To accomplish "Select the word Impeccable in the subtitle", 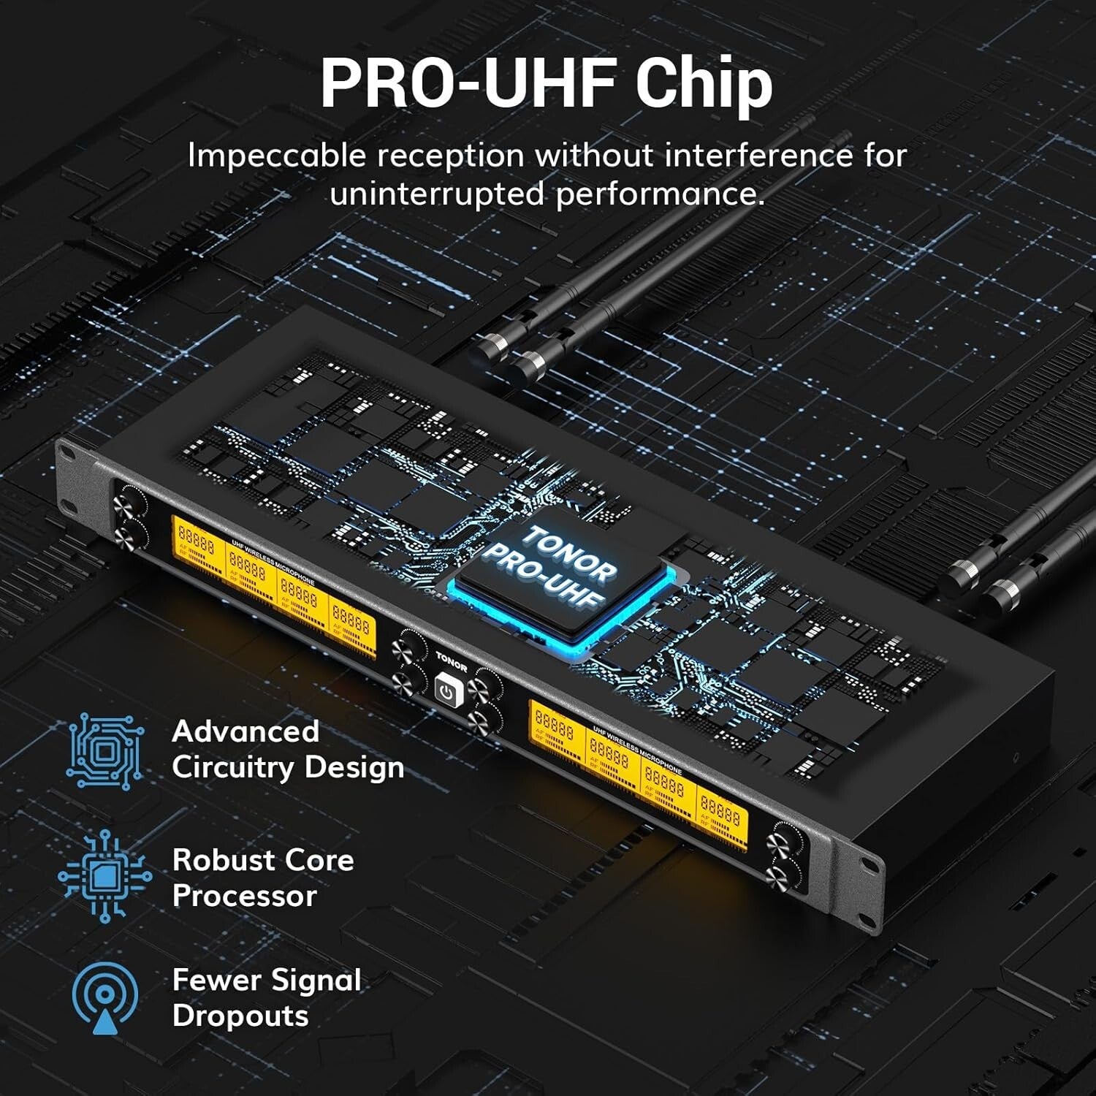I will tap(276, 156).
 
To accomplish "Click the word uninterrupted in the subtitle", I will tap(436, 194).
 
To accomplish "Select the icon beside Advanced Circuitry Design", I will tap(104, 751).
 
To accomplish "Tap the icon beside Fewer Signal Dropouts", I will tap(104, 997).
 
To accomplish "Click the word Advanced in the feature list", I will tap(246, 731).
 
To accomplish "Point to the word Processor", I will tap(244, 897).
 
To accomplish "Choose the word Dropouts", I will tap(240, 1016).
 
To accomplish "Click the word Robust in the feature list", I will tap(222, 860).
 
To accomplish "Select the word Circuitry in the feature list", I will tap(233, 768).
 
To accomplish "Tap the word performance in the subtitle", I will tap(660, 194).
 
